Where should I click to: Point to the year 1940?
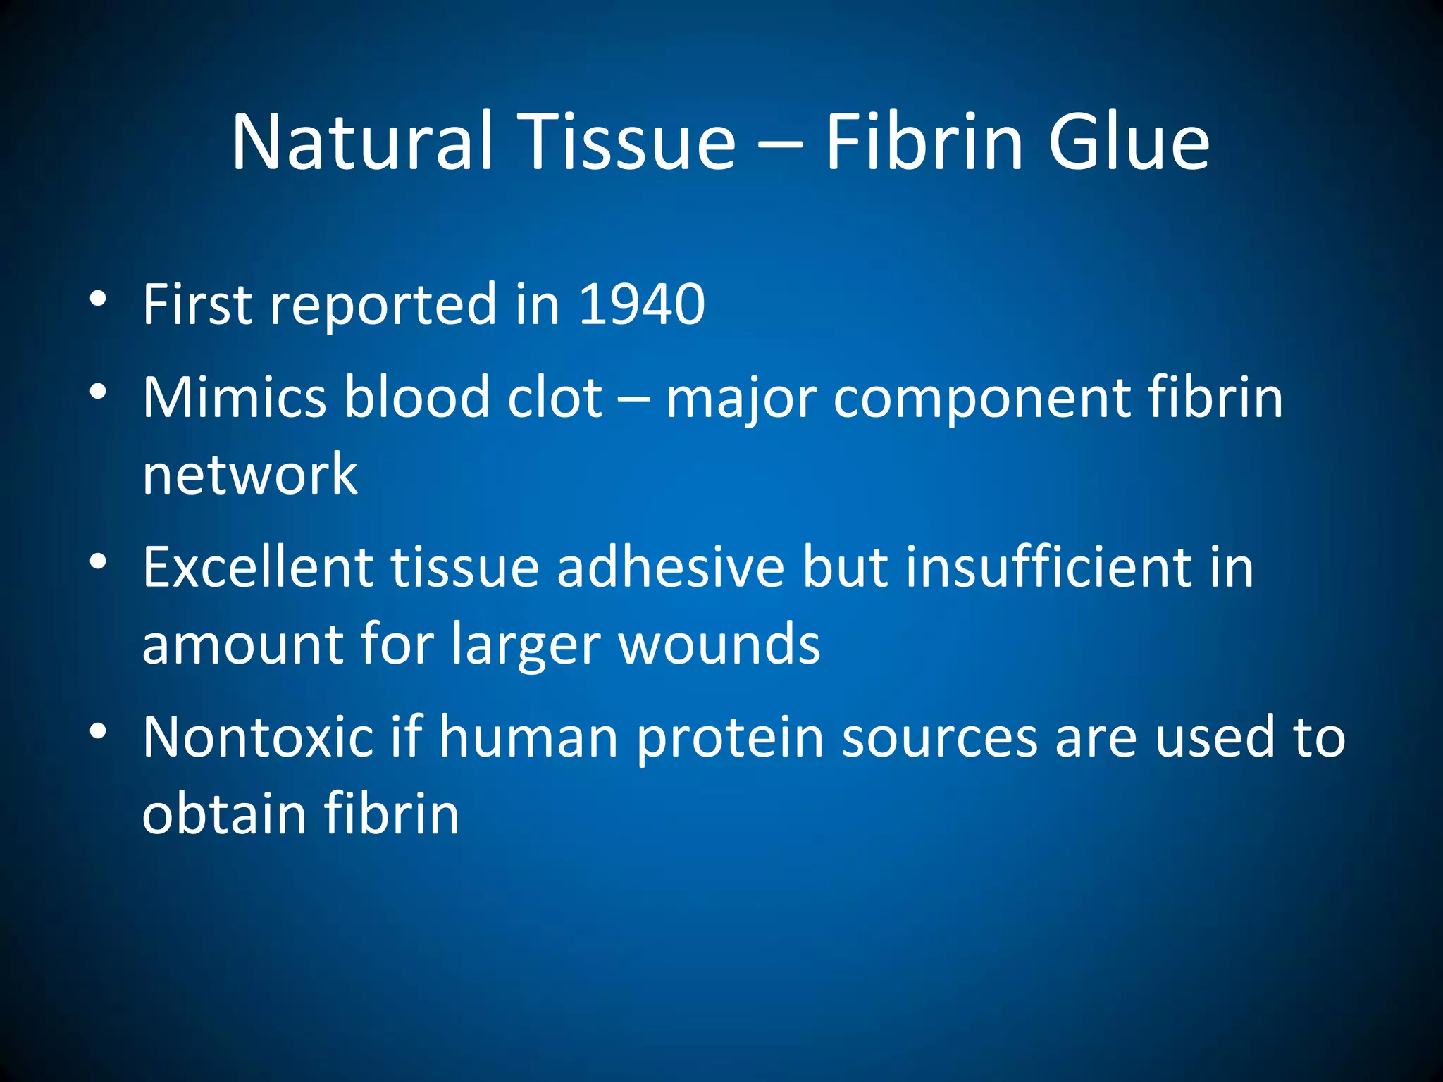click(x=641, y=304)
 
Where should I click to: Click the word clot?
click(x=555, y=397)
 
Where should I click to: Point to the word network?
click(x=250, y=474)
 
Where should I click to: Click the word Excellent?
click(x=258, y=567)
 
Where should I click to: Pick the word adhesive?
click(x=670, y=567)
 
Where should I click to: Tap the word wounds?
click(x=719, y=645)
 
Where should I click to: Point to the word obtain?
click(x=223, y=814)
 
